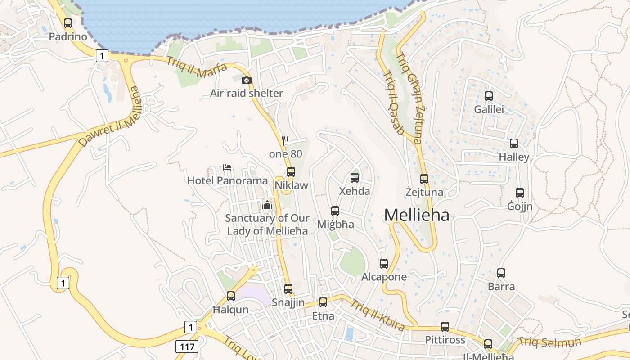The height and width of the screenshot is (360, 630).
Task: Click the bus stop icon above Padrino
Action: (x=68, y=23)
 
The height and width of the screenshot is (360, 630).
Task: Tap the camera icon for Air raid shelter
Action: (x=246, y=81)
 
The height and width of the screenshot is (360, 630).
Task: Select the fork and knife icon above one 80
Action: (x=285, y=141)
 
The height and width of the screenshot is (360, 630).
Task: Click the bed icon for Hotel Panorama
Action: (x=227, y=167)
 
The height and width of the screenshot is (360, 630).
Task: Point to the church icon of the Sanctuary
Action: (x=267, y=205)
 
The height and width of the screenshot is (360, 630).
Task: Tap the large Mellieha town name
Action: (x=416, y=216)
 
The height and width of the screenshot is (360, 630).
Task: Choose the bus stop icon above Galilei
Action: (x=489, y=96)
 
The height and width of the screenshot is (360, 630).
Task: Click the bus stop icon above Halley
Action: (x=513, y=144)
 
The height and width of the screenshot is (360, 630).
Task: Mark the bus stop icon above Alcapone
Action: (x=384, y=264)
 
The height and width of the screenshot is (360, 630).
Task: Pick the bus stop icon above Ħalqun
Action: (x=231, y=296)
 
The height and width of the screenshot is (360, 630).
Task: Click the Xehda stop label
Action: (x=355, y=191)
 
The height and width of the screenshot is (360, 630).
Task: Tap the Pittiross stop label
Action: (x=445, y=340)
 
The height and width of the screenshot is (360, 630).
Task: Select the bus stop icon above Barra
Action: (x=501, y=273)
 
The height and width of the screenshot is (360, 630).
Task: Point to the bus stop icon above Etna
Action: (x=323, y=302)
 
